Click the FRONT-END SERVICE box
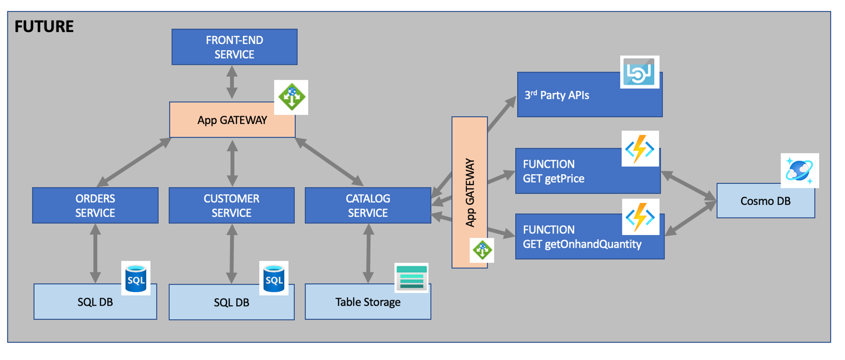pyautogui.click(x=234, y=47)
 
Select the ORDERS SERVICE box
pyautogui.click(x=95, y=206)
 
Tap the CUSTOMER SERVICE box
pyautogui.click(x=231, y=206)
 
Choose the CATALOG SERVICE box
pyautogui.click(x=368, y=206)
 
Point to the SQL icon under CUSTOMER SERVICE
pyautogui.click(x=274, y=278)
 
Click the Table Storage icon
pyautogui.click(x=412, y=278)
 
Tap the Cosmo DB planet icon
pyautogui.click(x=799, y=171)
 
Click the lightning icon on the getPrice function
pyautogui.click(x=640, y=149)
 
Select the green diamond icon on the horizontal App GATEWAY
pyautogui.click(x=291, y=97)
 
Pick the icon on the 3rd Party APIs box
pyautogui.click(x=639, y=72)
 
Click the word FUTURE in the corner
pyautogui.click(x=44, y=27)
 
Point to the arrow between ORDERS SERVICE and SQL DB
pyautogui.click(x=95, y=253)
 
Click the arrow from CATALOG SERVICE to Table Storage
pyautogui.click(x=368, y=253)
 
